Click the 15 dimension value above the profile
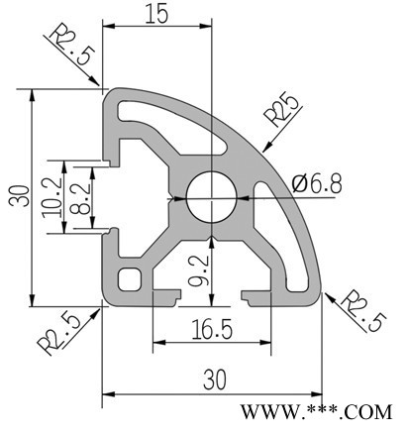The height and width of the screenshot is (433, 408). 156,15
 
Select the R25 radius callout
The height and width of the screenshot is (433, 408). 282,109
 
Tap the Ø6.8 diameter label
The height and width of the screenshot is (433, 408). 317,184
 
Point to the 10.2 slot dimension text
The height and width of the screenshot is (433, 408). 52,197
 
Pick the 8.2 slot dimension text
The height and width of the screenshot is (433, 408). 80,197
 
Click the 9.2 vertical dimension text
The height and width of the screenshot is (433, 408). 199,271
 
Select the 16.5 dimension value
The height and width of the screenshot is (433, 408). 212,329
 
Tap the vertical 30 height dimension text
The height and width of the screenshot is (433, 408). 19,196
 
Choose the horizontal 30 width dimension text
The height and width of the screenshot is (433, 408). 215,379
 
